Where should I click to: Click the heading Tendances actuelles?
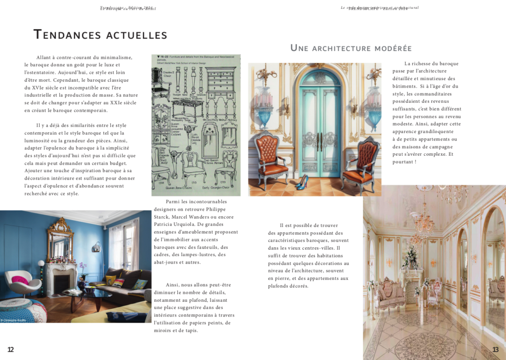(x=100, y=35)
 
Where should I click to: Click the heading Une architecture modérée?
(x=351, y=48)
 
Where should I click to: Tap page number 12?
(x=10, y=350)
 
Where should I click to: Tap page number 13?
(x=495, y=350)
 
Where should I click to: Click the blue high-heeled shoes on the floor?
(x=302, y=181)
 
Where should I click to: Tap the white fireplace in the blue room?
(x=61, y=277)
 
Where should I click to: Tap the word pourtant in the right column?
(x=403, y=162)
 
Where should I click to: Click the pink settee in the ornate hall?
(x=391, y=292)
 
